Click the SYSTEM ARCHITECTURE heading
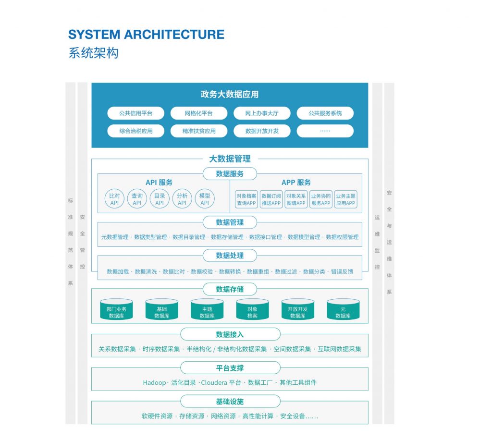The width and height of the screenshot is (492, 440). tap(146, 35)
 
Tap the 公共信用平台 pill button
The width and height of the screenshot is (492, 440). tap(135, 113)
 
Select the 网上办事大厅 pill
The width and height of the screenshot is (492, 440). tap(262, 113)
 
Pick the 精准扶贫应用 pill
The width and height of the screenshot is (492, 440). tap(199, 131)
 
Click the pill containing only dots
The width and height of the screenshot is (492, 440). tap(325, 131)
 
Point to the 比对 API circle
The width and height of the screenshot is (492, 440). tap(114, 199)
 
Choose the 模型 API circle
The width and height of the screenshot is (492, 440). tap(205, 199)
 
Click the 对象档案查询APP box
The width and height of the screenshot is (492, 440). tap(246, 199)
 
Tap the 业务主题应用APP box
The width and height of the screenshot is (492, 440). tap(346, 199)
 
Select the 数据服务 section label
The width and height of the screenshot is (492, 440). tap(230, 174)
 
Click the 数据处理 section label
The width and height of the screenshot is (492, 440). tap(230, 256)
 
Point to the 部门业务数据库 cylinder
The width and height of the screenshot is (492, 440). tap(116, 309)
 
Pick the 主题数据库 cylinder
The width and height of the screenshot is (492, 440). tap(207, 309)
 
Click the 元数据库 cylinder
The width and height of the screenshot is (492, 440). tap(343, 309)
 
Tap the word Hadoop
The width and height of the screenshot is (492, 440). tap(154, 383)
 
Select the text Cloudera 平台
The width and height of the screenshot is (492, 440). tap(221, 383)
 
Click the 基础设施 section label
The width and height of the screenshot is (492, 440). tap(230, 402)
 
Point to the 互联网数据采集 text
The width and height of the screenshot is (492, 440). tap(339, 349)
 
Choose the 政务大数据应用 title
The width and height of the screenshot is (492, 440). tap(230, 95)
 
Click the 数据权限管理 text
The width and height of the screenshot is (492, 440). tap(342, 237)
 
